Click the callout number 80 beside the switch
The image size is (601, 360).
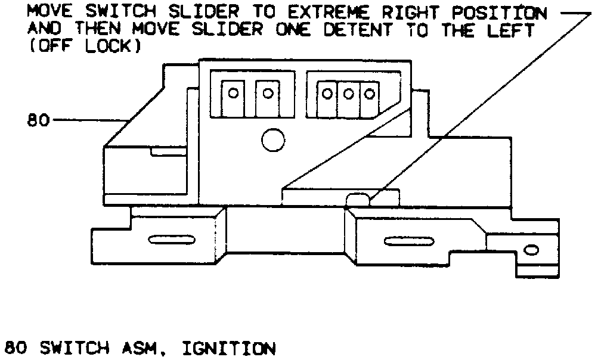coord(38,120)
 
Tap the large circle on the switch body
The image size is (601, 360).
coord(272,140)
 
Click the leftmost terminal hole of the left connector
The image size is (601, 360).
coord(234,93)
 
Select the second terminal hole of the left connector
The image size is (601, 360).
coord(268,93)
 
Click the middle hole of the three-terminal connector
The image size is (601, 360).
coord(348,94)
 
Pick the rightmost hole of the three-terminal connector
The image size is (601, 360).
coord(370,94)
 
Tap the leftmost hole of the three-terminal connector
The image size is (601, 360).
coord(327,94)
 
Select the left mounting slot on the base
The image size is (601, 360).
coord(168,241)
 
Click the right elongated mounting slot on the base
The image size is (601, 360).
coord(404,241)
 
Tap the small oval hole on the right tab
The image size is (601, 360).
coord(530,250)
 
